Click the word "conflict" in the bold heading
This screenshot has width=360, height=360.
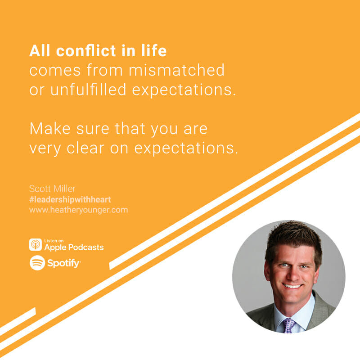[86, 51]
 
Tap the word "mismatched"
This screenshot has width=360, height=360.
[176, 70]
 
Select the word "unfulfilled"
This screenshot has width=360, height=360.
[88, 90]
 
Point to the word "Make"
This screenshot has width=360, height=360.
[50, 129]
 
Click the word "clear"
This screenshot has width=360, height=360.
[85, 148]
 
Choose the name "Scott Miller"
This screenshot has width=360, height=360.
[52, 189]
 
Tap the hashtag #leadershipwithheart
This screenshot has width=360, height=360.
[70, 199]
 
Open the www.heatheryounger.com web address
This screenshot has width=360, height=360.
[78, 210]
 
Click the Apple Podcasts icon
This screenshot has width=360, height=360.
[36, 244]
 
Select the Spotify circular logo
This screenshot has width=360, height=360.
[37, 263]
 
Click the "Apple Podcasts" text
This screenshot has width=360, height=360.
[74, 247]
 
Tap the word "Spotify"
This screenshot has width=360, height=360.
[63, 263]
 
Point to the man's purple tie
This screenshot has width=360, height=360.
[289, 325]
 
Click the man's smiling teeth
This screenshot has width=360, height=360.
[292, 286]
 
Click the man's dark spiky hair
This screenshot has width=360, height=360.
[294, 239]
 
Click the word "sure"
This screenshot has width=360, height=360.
[93, 129]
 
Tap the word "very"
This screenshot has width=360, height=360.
[45, 149]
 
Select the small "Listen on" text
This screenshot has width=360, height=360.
[54, 241]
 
